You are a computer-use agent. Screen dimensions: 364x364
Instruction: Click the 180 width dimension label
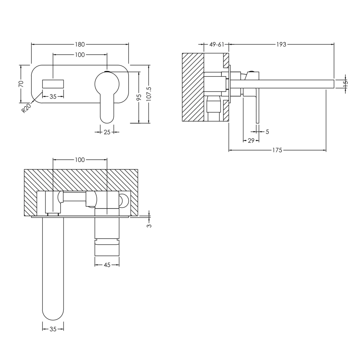pos(80,44)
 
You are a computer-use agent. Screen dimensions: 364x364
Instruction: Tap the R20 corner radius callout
pos(26,108)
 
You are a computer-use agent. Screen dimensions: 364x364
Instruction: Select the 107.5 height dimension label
pos(149,94)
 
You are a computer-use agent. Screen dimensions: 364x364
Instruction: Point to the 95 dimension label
pos(139,97)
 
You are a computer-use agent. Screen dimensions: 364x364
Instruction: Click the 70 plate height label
pos(21,84)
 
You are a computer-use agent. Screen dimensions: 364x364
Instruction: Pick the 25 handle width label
pos(107,132)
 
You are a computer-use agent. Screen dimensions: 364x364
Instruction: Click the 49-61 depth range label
pos(217,44)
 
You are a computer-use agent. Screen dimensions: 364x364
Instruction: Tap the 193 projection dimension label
pos(281,44)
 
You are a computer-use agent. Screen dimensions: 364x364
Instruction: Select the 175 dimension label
pos(277,150)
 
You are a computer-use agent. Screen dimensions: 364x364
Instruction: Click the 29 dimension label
pos(251,141)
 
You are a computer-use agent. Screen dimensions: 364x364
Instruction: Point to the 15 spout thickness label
pos(345,83)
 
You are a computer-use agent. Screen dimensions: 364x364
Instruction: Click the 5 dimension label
pos(267,132)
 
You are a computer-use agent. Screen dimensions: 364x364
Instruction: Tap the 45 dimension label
pos(107,265)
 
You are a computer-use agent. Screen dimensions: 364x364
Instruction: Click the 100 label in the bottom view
pos(80,160)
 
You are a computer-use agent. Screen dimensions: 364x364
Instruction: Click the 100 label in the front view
pos(80,55)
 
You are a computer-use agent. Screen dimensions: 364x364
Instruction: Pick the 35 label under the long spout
pos(53,329)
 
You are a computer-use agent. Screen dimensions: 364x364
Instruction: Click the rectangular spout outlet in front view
pos(53,84)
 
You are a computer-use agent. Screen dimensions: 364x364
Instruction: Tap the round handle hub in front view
pos(107,84)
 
